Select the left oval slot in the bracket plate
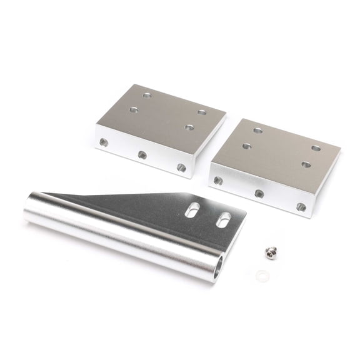click(x=192, y=209)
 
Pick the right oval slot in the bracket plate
click(x=223, y=220)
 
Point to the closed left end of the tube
click(x=28, y=210)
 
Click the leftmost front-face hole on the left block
click(x=104, y=142)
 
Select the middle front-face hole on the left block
click(x=142, y=154)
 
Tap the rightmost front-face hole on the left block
click(x=181, y=167)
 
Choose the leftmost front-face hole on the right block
click(x=218, y=181)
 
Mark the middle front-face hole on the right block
click(x=259, y=194)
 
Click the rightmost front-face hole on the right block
click(x=301, y=207)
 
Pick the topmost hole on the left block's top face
click(x=147, y=96)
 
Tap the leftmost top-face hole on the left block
click(x=134, y=110)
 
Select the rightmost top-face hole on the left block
click(x=202, y=112)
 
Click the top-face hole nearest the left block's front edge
click(x=189, y=127)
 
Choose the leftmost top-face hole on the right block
click(x=246, y=146)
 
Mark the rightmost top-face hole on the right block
click(x=316, y=149)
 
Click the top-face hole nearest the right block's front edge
click(x=306, y=164)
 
